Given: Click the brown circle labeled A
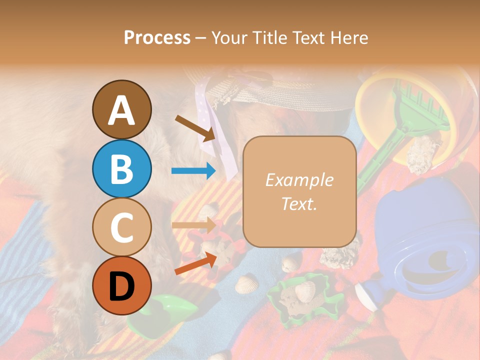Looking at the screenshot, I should [121, 109].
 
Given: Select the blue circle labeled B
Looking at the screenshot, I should [121, 168].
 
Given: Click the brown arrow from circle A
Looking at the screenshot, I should [195, 127].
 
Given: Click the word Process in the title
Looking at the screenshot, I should [157, 37].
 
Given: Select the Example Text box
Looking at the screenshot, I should [299, 191].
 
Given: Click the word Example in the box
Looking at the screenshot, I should [299, 180].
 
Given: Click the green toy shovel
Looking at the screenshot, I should [160, 310].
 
